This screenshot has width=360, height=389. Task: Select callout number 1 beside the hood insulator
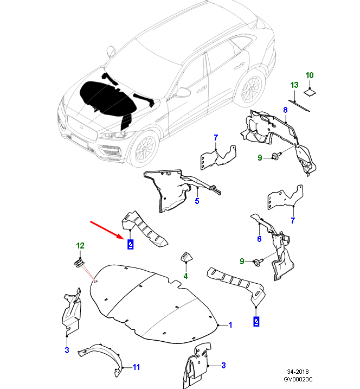coord(230,325)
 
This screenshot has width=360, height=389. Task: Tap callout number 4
coord(185,276)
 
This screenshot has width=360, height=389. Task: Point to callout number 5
coord(197,201)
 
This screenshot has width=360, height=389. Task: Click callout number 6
coord(259,239)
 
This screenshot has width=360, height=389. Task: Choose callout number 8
coord(285,110)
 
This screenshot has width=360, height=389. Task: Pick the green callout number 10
coord(310,75)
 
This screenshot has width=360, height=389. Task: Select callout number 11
coord(137,367)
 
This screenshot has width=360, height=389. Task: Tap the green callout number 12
coord(80,246)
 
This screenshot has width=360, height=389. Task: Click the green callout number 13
coord(294,85)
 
